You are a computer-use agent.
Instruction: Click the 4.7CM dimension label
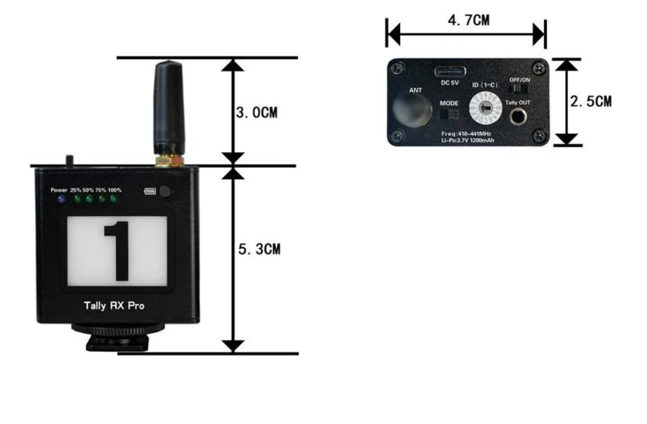click(x=468, y=21)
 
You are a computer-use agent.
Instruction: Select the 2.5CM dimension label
click(x=591, y=102)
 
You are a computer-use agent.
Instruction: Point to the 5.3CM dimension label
click(x=259, y=250)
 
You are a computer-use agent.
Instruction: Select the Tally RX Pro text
click(x=114, y=306)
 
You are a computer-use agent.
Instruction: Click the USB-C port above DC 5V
click(x=450, y=72)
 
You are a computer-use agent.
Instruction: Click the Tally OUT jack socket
click(x=518, y=117)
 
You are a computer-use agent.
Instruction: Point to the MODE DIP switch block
click(x=449, y=114)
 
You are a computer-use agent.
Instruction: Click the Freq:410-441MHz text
click(x=467, y=133)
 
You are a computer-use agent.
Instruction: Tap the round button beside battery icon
click(x=165, y=192)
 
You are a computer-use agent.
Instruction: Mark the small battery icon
click(x=150, y=191)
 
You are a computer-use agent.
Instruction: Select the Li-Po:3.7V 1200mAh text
click(x=467, y=139)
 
